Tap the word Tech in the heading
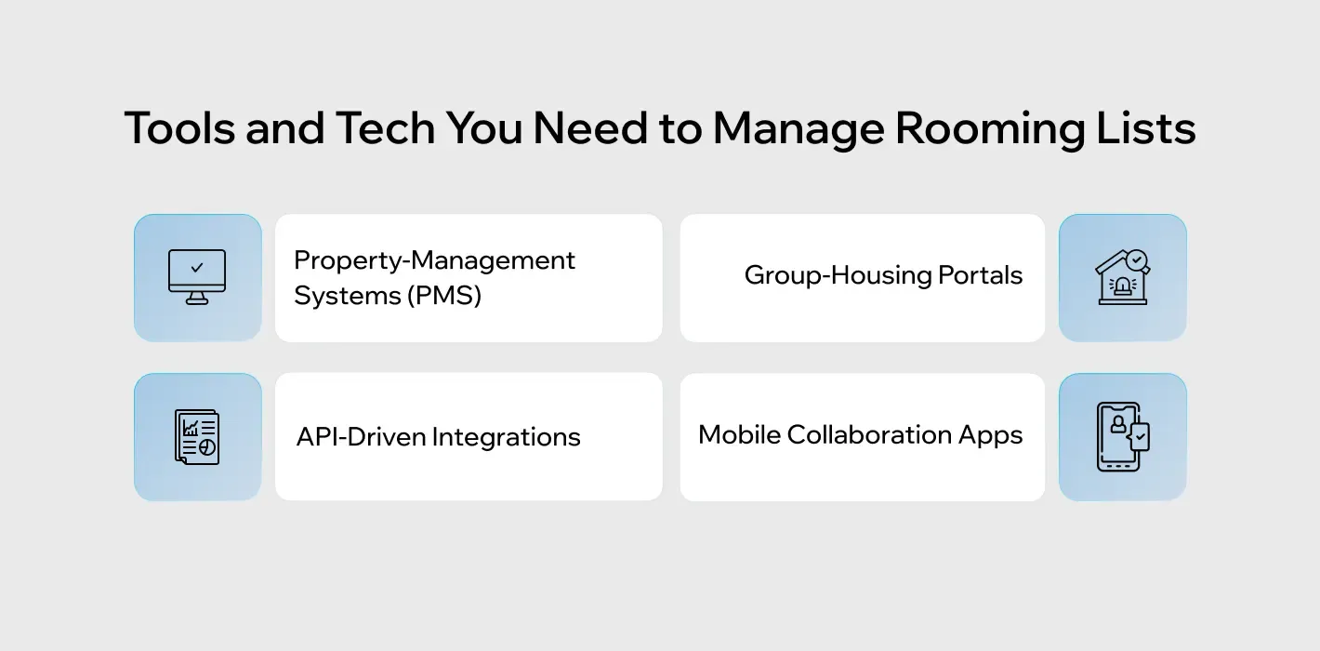pos(384,128)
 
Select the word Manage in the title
pos(797,128)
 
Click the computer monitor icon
pos(197,277)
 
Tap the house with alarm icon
pos(1122,277)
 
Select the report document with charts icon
pos(197,437)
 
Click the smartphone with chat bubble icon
pos(1122,437)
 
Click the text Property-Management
pos(434,260)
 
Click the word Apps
pos(998,435)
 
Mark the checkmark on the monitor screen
pos(196,268)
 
